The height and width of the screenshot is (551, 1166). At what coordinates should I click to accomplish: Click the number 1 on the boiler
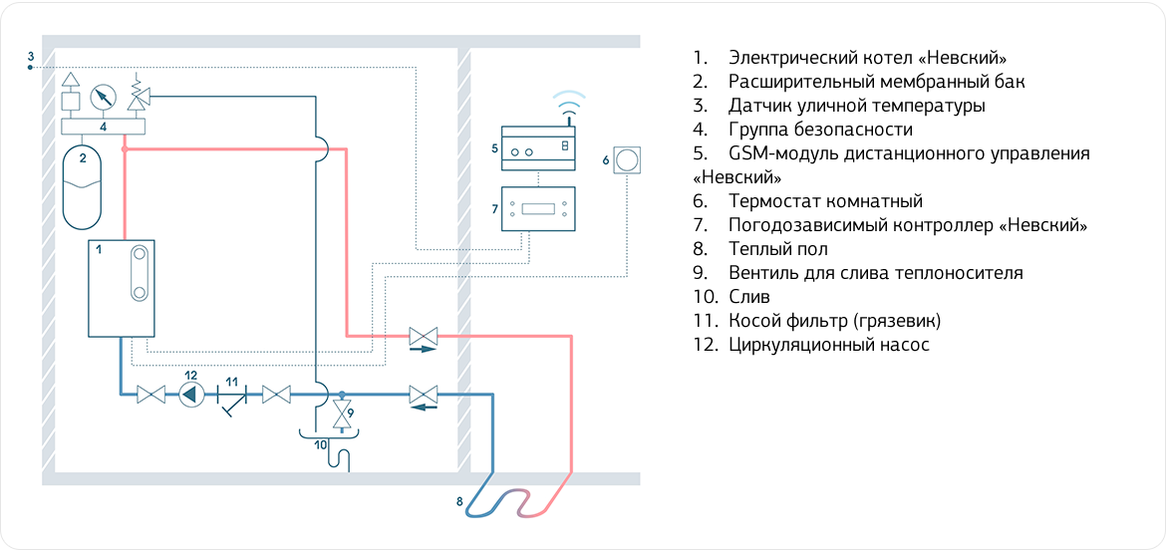click(99, 250)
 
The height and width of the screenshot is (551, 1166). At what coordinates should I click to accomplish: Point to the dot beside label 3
click(31, 68)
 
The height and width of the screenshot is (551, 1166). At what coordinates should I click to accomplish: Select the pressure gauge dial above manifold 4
click(102, 98)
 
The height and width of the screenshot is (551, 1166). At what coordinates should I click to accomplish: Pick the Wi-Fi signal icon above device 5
click(569, 101)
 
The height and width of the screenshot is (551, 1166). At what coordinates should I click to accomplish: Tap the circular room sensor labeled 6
click(628, 159)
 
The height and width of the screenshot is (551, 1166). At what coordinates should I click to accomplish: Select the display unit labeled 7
click(538, 209)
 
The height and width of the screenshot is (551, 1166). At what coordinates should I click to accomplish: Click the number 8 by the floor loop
click(459, 501)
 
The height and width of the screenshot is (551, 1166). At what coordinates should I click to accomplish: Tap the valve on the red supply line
click(423, 336)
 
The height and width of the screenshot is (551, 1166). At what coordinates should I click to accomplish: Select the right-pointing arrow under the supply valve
click(423, 350)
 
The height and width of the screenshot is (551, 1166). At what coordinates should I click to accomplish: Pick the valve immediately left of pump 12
click(150, 395)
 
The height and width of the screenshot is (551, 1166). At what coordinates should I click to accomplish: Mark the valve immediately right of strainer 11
click(275, 395)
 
